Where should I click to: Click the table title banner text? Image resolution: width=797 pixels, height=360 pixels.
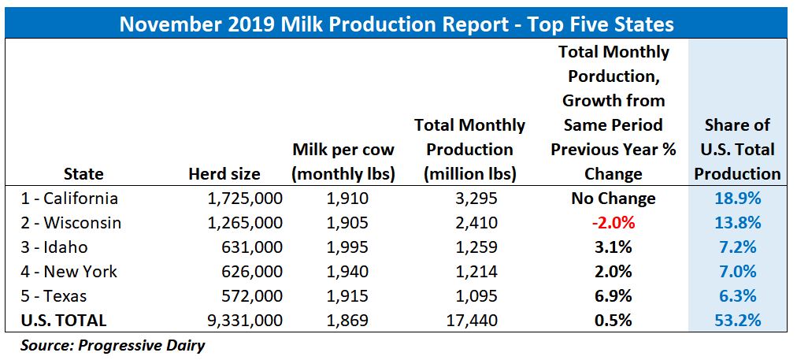(396, 24)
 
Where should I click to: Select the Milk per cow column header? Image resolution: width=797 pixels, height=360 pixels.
(343, 161)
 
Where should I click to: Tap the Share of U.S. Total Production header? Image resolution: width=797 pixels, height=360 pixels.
(738, 150)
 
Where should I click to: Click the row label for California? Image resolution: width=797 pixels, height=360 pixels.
(70, 199)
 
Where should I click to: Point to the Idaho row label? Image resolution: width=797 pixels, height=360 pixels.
(55, 247)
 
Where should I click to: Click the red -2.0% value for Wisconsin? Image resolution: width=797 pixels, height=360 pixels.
(614, 223)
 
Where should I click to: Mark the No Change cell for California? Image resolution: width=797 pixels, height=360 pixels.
(614, 199)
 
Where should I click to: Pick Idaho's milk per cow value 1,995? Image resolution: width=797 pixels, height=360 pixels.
(343, 247)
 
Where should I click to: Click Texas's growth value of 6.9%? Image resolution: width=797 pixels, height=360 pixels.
(614, 296)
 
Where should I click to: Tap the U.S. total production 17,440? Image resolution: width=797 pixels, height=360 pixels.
(469, 321)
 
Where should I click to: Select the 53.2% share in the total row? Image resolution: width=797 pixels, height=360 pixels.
(738, 321)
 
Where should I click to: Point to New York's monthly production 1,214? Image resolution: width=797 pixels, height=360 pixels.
(469, 272)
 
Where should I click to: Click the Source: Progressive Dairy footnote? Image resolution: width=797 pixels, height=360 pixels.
(113, 345)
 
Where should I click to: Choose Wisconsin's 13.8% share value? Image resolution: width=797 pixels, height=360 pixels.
(738, 223)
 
